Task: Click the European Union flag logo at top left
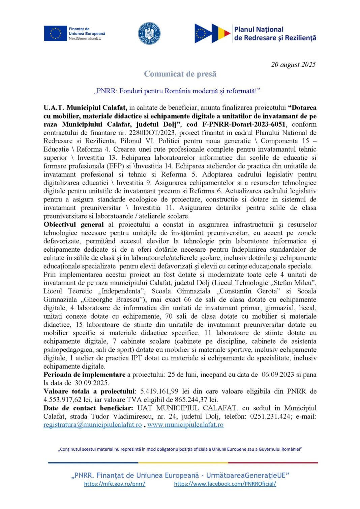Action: click(x=55, y=34)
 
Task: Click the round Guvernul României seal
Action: click(x=149, y=34)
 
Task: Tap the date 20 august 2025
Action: click(x=293, y=64)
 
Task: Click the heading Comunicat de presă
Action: click(x=180, y=74)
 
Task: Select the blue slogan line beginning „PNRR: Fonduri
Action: click(x=177, y=91)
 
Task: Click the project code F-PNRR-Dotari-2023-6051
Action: click(x=244, y=124)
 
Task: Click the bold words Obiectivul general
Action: click(x=73, y=224)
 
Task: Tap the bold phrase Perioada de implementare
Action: click(x=84, y=375)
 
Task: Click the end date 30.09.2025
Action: click(x=92, y=383)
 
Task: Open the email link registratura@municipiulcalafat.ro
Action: click(x=92, y=425)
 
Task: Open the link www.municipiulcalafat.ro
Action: click(x=185, y=425)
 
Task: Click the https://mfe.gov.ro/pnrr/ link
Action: click(x=115, y=484)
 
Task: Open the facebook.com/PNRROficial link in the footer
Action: click(x=225, y=484)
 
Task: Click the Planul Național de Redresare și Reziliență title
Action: click(x=275, y=34)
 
